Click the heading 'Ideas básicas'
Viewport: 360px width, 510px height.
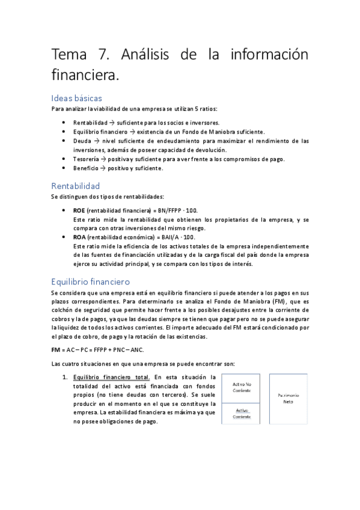[x=77, y=97]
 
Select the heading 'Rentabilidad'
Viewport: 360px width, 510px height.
[x=76, y=186]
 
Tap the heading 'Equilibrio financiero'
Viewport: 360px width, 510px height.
[x=90, y=281]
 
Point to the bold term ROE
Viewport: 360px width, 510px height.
[x=79, y=210]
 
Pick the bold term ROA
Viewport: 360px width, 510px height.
[x=79, y=237]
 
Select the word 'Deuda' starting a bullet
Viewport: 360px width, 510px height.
[x=82, y=141]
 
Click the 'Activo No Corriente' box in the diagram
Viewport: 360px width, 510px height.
[x=242, y=387]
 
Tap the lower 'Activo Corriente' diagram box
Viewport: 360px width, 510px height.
[x=242, y=413]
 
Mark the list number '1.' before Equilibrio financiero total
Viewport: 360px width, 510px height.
[x=66, y=377]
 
